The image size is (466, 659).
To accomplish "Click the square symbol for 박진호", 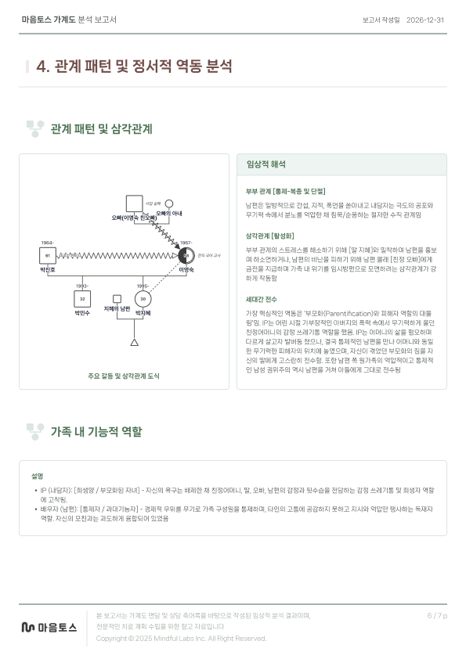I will pyautogui.click(x=48, y=255).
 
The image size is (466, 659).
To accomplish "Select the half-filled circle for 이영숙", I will pyautogui.click(x=186, y=255).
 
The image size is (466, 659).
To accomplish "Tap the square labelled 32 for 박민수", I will pyautogui.click(x=82, y=299).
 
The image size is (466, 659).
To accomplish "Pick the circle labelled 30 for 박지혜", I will pyautogui.click(x=142, y=299).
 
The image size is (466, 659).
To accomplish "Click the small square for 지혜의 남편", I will pyautogui.click(x=117, y=298).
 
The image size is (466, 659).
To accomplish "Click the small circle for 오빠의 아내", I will pyautogui.click(x=168, y=203).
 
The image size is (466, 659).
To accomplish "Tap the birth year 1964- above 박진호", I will pyautogui.click(x=47, y=243).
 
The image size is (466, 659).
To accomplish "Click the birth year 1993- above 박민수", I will pyautogui.click(x=81, y=286).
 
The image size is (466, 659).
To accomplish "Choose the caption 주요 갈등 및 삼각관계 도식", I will pyautogui.click(x=124, y=376).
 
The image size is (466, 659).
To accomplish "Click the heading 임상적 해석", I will pyautogui.click(x=266, y=165).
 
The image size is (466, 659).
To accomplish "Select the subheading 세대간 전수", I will pyautogui.click(x=261, y=299).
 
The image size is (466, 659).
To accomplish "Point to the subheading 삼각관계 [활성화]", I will pyautogui.click(x=269, y=235).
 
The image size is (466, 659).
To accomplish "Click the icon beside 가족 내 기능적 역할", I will pyautogui.click(x=34, y=431).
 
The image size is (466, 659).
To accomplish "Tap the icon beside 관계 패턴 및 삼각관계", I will pyautogui.click(x=34, y=128).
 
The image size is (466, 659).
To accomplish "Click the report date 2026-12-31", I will pyautogui.click(x=425, y=20).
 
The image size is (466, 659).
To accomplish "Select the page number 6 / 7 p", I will pyautogui.click(x=437, y=616).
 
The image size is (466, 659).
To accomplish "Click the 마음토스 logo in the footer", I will pyautogui.click(x=49, y=627).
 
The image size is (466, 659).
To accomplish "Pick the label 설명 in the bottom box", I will pyautogui.click(x=37, y=476).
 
